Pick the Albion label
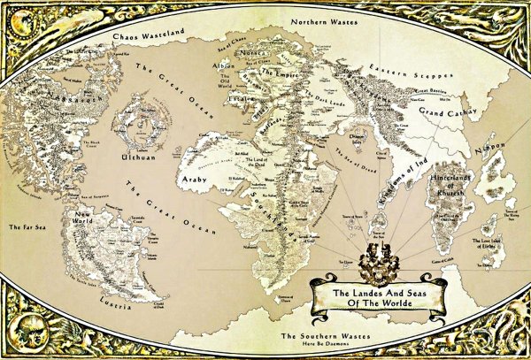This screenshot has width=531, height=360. pos(225,66)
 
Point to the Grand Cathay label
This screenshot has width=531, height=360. pos(427,113)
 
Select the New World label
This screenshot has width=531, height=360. pos(85,218)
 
